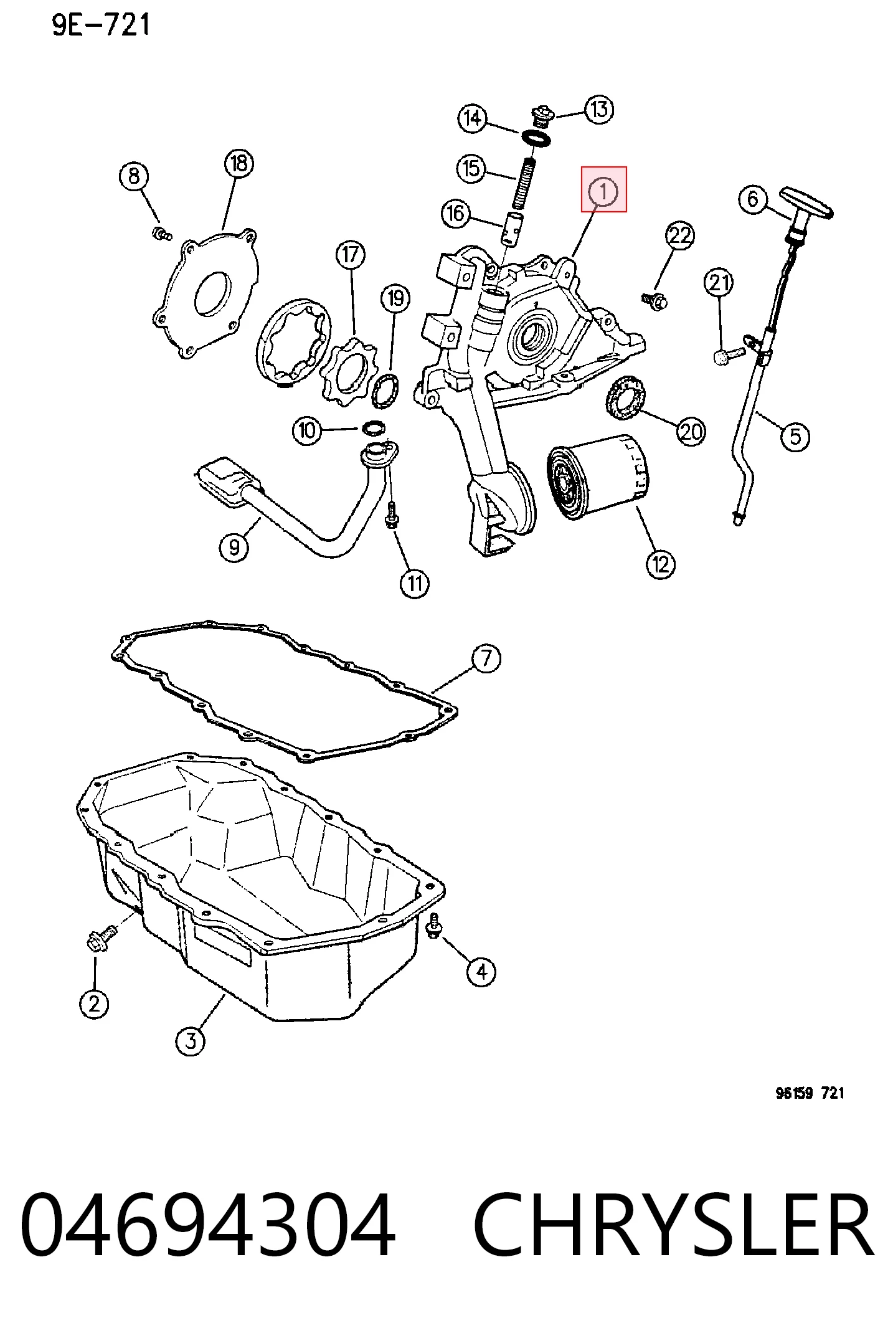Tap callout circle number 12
(x=660, y=564)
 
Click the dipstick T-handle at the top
(x=808, y=202)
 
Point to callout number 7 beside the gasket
(x=486, y=659)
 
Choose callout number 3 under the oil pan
(x=191, y=1040)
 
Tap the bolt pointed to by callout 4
(x=434, y=926)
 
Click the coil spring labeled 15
(x=525, y=183)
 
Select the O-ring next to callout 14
(x=536, y=138)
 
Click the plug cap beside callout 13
(x=541, y=116)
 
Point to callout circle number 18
(x=239, y=163)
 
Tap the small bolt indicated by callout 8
(x=161, y=234)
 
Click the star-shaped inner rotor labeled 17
(x=346, y=371)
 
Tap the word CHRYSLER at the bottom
(x=674, y=1225)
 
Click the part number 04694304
(x=207, y=1225)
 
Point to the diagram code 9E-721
(x=101, y=25)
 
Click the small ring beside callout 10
(x=374, y=428)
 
